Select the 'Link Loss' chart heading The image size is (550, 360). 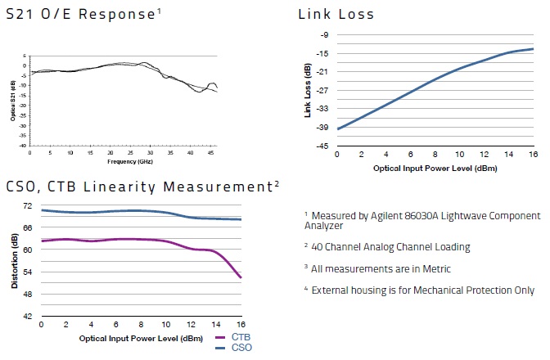[x=336, y=14]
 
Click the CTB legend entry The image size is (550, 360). [x=241, y=338]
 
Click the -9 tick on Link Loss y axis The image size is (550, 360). [x=324, y=35]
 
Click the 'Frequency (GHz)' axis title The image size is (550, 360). [x=123, y=162]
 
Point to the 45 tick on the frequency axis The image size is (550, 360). [x=210, y=153]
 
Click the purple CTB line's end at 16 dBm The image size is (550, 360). [x=241, y=278]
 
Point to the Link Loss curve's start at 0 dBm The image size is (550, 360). [x=337, y=128]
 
